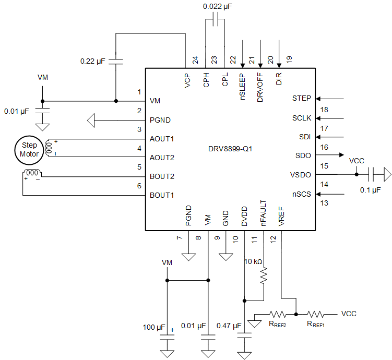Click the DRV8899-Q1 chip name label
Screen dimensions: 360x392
[x=230, y=149]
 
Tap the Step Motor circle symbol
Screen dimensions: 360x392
[x=29, y=150]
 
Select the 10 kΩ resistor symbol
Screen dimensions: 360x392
[x=264, y=275]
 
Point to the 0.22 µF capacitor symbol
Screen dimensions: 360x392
[x=116, y=61]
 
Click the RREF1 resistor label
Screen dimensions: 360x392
[x=315, y=324]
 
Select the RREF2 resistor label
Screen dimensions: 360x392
[x=278, y=324]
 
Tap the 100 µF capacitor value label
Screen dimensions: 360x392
[x=153, y=327]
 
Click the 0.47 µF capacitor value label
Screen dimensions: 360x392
[x=229, y=326]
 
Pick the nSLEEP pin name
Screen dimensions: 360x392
[x=243, y=87]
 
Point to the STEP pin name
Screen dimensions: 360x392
[x=302, y=98]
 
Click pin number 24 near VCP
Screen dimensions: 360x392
[x=195, y=60]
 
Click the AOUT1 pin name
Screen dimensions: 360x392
[x=162, y=139]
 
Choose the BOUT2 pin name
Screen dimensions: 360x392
[x=162, y=176]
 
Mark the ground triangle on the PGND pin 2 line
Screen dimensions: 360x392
[x=91, y=121]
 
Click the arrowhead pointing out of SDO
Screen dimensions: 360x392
[x=340, y=155]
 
